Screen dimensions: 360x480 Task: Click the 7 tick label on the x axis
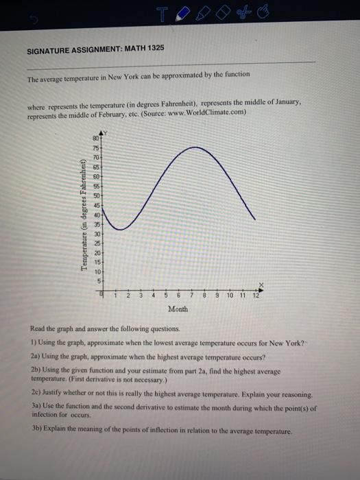[x=193, y=296]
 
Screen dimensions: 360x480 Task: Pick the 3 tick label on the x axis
[x=141, y=296]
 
